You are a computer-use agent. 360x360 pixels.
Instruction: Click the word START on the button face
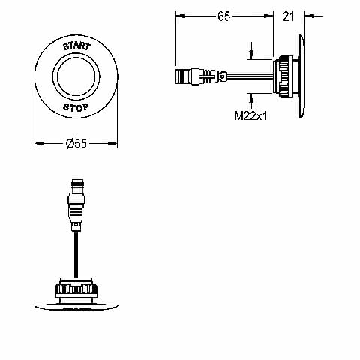click(x=76, y=46)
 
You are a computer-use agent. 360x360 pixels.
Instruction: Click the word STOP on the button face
click(x=76, y=107)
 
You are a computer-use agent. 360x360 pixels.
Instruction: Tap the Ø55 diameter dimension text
click(x=76, y=144)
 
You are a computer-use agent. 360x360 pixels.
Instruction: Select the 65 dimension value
click(x=223, y=16)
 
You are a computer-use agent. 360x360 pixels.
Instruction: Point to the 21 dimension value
click(x=289, y=16)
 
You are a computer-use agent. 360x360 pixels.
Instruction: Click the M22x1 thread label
click(x=250, y=115)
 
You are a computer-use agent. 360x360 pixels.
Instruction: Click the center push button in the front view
click(x=76, y=76)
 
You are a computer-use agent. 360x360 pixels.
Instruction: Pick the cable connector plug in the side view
click(x=201, y=76)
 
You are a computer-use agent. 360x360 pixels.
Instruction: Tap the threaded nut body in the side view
click(x=283, y=76)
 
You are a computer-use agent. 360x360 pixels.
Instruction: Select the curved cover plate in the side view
click(x=302, y=76)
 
